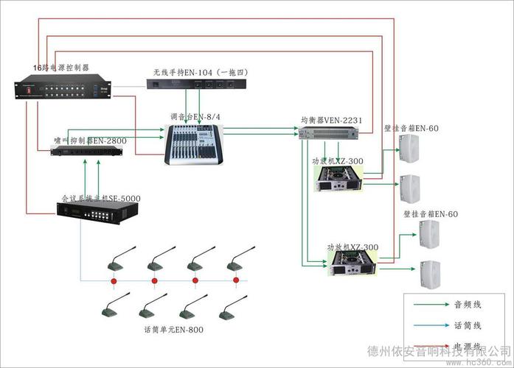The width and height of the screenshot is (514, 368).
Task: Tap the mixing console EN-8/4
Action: pos(192,141)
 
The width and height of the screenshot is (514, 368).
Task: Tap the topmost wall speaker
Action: pos(409,149)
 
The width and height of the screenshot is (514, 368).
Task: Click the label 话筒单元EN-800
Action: pos(173,329)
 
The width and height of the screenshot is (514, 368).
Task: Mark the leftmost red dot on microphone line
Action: pos(114,280)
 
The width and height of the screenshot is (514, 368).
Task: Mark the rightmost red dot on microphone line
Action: pos(235,280)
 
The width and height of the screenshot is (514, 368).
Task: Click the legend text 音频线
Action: pos(467,304)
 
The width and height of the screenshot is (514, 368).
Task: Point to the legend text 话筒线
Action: pos(467,325)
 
